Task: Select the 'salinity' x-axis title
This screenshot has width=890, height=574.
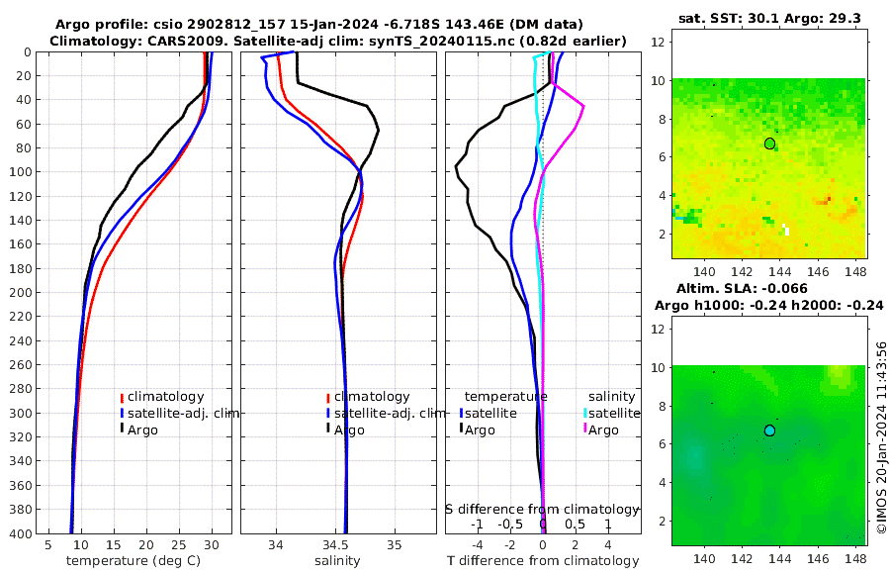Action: pos(337,561)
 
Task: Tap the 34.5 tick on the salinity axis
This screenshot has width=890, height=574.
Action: pos(336,544)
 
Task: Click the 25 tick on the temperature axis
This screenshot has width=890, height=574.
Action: pos(179,544)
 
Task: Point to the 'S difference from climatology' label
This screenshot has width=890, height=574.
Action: pos(543,509)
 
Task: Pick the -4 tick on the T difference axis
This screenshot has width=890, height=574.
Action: pos(478,544)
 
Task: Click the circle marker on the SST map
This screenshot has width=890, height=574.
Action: pos(769,143)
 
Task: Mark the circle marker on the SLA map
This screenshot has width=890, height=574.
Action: pos(769,430)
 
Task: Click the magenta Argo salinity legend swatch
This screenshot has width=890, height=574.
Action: pos(584,430)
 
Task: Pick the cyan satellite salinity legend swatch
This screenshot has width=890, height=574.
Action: pos(584,413)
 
